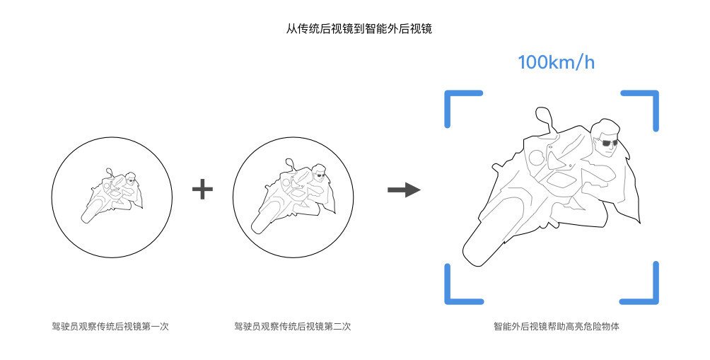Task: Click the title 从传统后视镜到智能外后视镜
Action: point(359,29)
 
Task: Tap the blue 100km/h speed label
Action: point(556,62)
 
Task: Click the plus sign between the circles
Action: point(202,189)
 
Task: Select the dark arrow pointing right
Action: point(404,190)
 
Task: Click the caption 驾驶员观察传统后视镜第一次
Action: point(110,327)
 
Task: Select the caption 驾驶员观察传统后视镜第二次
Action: point(292,327)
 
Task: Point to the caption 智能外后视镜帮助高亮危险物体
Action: point(557,327)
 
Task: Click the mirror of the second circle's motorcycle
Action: point(289,163)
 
